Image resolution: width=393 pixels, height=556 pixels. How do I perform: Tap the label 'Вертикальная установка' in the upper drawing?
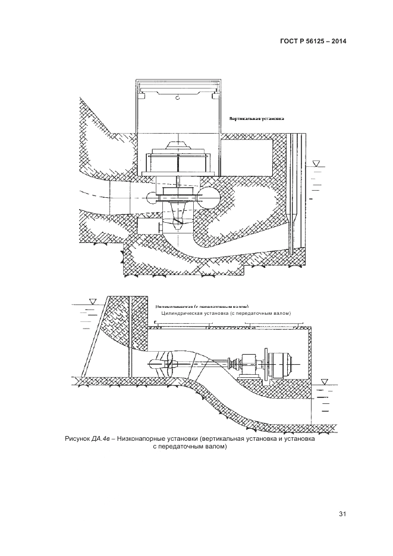coord(257,119)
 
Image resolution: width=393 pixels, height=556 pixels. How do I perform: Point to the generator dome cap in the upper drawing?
coord(178,145)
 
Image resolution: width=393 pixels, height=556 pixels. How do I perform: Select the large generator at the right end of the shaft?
coord(279,361)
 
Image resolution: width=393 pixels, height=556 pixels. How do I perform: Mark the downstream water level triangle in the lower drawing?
coord(323,381)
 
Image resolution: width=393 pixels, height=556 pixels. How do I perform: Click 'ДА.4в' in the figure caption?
coord(98,439)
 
